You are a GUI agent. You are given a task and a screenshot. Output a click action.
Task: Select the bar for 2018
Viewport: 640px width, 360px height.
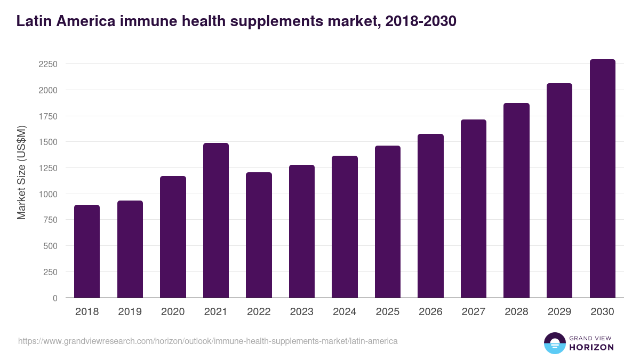(87, 251)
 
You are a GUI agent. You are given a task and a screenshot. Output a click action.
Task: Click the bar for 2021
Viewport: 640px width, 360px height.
(216, 220)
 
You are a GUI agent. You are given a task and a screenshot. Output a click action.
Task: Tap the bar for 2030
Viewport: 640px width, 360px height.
(602, 179)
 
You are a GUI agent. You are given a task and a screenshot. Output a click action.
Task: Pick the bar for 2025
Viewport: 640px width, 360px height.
(388, 222)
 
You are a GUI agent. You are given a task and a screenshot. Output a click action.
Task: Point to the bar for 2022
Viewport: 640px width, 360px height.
(259, 235)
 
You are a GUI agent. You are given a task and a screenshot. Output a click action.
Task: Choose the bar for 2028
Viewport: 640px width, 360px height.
(516, 201)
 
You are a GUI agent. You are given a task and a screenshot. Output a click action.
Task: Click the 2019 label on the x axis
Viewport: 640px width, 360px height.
(130, 312)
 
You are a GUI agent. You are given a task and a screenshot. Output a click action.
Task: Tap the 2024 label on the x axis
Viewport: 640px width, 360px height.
(345, 312)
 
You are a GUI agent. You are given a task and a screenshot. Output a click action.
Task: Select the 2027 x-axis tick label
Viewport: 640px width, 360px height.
(474, 312)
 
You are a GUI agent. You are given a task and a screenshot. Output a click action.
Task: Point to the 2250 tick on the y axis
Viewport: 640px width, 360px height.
(47, 64)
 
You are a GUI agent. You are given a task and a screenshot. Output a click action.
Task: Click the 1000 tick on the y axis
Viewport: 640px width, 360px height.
(47, 194)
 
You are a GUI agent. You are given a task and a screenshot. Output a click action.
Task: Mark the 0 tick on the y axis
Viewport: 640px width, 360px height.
(54, 298)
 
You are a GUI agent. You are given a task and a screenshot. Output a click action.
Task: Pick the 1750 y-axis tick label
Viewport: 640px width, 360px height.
(47, 116)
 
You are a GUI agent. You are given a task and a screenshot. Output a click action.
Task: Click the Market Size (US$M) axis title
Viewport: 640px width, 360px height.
(21, 172)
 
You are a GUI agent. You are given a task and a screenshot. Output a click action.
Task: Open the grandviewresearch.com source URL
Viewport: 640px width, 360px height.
(207, 341)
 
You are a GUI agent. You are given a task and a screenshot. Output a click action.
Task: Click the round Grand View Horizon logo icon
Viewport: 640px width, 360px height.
(554, 343)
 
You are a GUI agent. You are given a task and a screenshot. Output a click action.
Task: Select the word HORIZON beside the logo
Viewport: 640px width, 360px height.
(591, 347)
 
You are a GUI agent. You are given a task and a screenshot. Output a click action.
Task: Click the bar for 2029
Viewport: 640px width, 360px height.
(559, 190)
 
